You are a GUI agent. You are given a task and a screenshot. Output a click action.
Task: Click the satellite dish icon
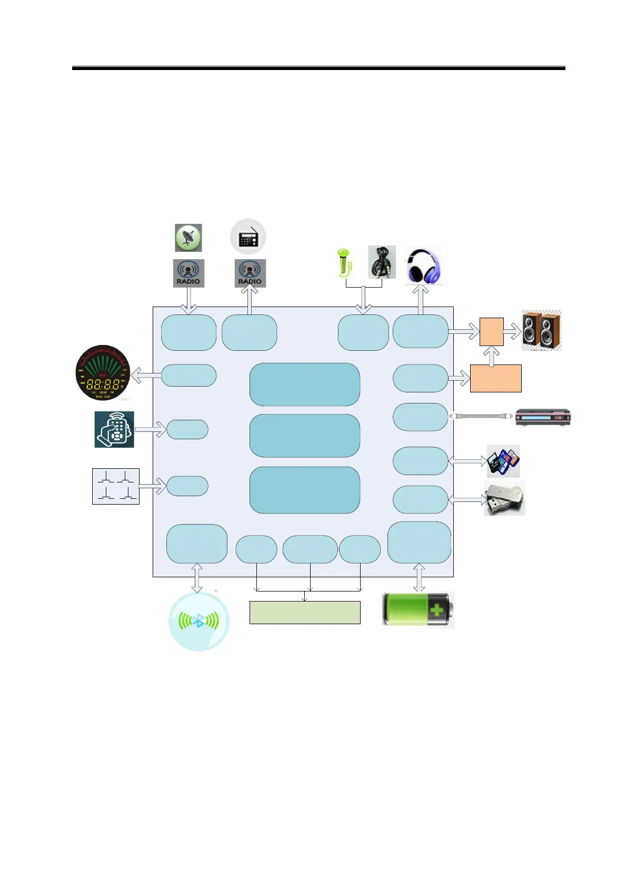[188, 238]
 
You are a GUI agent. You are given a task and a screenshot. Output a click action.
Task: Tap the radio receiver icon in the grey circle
[248, 237]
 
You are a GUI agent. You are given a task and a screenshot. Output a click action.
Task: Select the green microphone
[344, 262]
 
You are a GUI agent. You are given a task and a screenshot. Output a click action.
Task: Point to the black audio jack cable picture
[382, 262]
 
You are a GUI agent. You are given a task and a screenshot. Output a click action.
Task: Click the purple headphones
[423, 267]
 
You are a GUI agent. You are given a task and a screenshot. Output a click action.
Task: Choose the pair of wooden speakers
[541, 330]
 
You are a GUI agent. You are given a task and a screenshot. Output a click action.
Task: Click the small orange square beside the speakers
[491, 332]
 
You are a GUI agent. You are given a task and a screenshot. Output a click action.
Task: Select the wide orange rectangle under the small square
[495, 378]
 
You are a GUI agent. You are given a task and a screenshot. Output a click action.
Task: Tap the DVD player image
[543, 417]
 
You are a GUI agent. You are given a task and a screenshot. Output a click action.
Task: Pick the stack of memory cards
[503, 461]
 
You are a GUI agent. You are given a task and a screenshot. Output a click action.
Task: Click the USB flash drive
[504, 498]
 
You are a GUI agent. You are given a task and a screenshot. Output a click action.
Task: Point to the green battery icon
[418, 610]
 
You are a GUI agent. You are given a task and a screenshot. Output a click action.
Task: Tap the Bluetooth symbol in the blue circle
[198, 621]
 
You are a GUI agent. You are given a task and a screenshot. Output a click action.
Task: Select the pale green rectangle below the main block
[304, 613]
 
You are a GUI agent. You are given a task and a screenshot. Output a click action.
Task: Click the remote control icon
[114, 430]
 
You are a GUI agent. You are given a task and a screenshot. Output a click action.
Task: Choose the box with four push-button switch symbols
[116, 486]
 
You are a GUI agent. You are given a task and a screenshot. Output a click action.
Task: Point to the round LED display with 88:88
[103, 372]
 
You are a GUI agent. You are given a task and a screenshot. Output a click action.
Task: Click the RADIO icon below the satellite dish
[188, 273]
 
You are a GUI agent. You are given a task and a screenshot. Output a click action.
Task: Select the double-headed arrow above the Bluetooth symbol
[197, 578]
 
